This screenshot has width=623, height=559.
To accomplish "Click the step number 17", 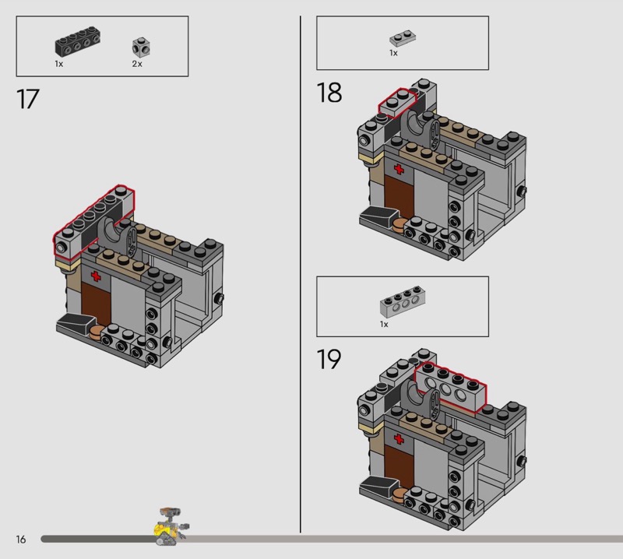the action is [28, 99].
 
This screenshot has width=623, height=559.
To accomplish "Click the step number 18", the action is [329, 93].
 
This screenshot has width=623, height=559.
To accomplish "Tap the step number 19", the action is [329, 359].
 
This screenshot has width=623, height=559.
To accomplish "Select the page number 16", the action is [21, 539].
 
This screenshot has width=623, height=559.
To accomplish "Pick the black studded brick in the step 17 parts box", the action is [77, 41].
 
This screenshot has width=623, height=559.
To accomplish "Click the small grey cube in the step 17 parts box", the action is [141, 47].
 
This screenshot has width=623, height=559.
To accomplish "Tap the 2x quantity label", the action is [137, 64].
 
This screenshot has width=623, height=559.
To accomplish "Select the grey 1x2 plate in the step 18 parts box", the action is [403, 38].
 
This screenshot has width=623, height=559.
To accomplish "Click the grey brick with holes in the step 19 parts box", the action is [403, 301].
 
